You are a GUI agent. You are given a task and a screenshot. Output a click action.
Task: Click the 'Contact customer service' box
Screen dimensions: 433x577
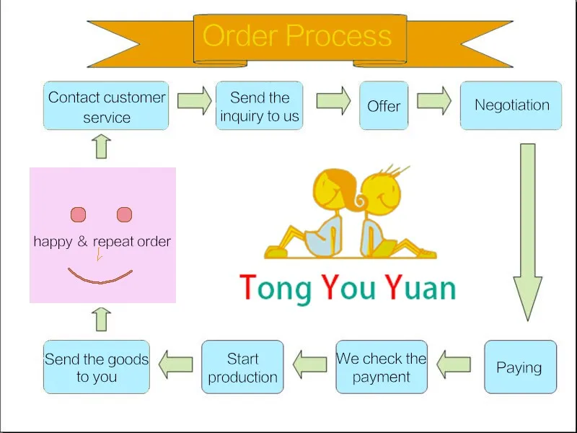107,106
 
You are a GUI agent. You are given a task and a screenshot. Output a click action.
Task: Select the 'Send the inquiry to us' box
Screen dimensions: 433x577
260,106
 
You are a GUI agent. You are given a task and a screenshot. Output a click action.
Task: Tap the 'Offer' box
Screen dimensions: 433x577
384,106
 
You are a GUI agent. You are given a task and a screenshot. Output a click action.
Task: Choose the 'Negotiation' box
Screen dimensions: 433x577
511,105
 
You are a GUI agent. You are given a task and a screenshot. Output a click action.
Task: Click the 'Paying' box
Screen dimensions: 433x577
519,367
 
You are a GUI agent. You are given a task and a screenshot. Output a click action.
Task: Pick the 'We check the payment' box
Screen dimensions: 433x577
382,367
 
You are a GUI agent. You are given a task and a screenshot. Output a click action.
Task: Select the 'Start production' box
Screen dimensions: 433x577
242,367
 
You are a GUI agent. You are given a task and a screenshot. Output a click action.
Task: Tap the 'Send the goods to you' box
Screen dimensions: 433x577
97,367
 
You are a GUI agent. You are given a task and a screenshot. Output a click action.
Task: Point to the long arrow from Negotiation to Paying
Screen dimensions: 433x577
528,231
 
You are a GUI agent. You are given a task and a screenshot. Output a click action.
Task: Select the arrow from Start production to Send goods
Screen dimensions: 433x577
175,364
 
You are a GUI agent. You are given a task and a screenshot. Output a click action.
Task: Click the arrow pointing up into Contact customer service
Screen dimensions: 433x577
102,146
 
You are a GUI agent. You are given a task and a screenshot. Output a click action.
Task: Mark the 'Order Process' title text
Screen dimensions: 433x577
297,36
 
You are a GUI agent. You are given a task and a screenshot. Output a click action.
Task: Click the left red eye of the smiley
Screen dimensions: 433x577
79,214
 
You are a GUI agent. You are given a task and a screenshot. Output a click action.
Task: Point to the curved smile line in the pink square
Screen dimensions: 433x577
100,277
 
